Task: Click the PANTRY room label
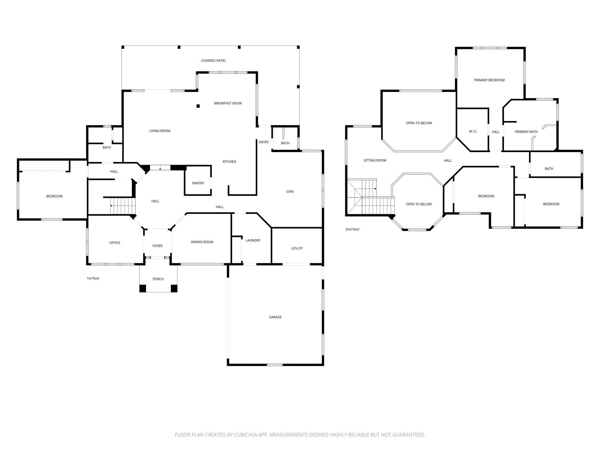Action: coord(198,183)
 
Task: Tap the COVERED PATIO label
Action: coord(213,61)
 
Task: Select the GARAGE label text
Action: coord(275,317)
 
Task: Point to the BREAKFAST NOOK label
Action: coord(228,103)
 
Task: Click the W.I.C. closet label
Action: coord(473,131)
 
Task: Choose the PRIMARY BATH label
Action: coord(526,132)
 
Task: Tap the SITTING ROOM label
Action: coord(375,160)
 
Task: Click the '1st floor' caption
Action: coord(93,278)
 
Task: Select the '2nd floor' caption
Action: coord(352,229)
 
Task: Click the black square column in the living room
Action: coord(198,106)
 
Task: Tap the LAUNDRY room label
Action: coord(253,240)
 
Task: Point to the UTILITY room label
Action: coord(297,248)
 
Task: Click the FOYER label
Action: coord(158,246)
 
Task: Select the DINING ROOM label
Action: coord(202,242)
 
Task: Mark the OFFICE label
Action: coord(115,243)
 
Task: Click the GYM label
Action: coord(290,192)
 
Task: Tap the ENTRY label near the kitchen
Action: coord(264,142)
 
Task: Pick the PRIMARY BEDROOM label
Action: coord(489,80)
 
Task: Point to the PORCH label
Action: coord(158,279)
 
